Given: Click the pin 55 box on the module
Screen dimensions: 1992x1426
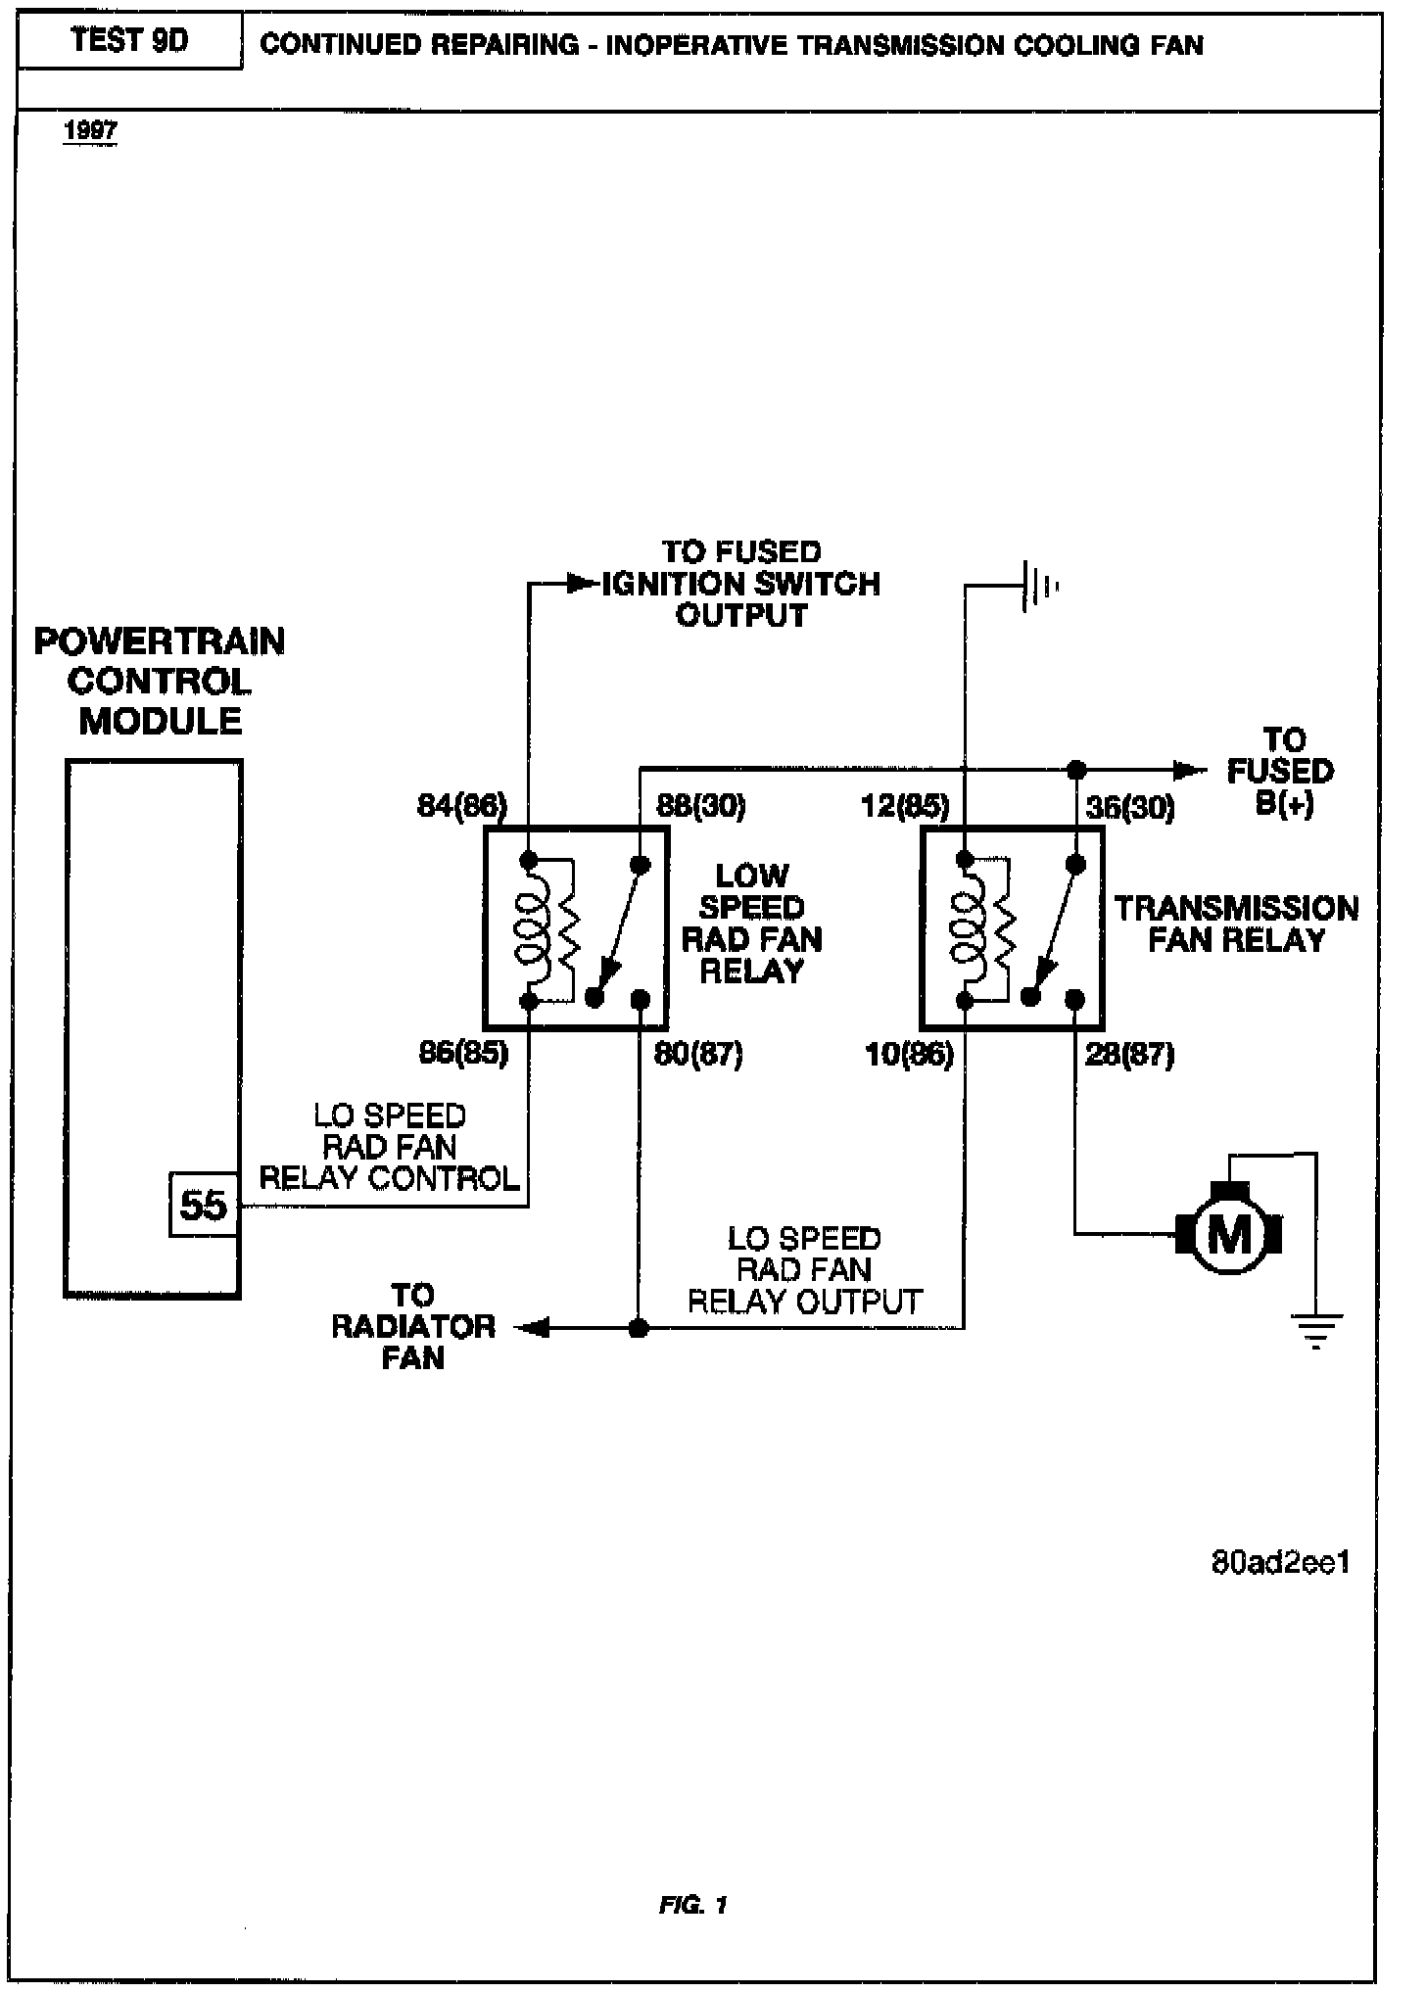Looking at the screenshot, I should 204,1205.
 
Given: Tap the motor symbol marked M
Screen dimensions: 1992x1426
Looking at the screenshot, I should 1230,1233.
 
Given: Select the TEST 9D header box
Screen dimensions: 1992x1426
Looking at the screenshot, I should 129,42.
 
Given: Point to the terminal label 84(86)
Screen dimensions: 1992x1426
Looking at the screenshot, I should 462,806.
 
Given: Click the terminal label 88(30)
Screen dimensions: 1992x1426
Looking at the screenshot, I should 699,806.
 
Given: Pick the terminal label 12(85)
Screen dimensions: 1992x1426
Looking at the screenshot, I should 905,806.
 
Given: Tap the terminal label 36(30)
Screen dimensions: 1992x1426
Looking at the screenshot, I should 1129,807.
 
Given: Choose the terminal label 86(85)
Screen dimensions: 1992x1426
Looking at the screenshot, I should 463,1054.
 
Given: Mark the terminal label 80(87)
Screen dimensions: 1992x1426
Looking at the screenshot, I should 698,1054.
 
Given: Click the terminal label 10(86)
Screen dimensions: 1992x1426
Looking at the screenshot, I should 909,1055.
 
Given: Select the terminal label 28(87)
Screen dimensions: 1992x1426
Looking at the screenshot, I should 1129,1055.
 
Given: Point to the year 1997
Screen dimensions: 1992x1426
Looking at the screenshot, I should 90,130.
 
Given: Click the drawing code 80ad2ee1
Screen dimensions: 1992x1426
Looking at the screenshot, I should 1280,1561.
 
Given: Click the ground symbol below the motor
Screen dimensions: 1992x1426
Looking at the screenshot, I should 1315,1331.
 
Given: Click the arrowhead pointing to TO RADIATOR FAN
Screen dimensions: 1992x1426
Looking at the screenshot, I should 530,1328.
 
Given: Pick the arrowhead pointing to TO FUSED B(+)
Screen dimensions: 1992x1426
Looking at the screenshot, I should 1191,770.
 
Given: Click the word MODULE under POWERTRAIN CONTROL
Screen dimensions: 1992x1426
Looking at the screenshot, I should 160,721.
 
